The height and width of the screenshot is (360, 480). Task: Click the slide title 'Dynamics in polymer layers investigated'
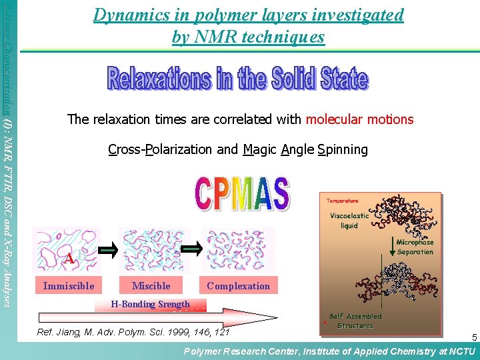249,15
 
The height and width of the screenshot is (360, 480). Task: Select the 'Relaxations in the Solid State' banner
237,79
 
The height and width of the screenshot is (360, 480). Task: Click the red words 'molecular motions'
359,120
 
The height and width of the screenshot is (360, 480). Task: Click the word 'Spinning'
343,149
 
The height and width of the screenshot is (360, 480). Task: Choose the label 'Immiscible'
69,286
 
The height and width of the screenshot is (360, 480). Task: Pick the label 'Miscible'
151,286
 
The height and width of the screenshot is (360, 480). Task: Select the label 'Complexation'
238,286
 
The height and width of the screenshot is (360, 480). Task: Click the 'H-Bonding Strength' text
150,305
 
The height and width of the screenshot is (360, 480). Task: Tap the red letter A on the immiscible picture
69,259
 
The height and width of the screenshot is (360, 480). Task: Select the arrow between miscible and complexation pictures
191,249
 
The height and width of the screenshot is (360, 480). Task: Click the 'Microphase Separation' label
415,247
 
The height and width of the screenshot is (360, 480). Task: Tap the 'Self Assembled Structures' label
355,321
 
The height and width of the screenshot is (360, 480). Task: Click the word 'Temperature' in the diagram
342,201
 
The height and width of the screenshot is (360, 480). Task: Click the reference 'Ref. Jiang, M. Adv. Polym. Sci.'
133,332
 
